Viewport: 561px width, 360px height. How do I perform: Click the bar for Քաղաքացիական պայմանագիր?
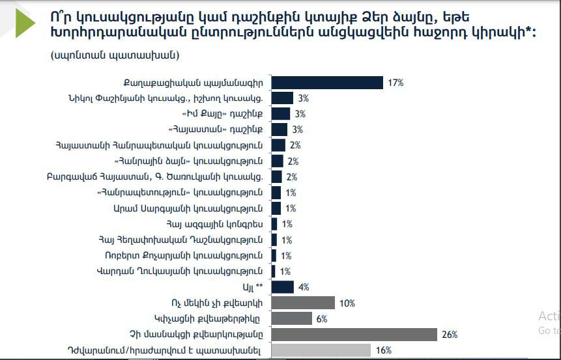coord(326,83)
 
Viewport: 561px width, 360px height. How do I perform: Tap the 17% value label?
coord(395,83)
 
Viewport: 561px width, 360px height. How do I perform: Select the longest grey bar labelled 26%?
coord(354,335)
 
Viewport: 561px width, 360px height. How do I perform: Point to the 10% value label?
coord(347,303)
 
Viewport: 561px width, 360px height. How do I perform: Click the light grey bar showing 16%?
coord(321,350)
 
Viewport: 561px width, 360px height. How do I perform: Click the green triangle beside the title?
coord(25,25)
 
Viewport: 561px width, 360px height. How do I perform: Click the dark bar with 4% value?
coord(282,287)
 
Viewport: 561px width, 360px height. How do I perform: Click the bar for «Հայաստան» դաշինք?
coord(279,130)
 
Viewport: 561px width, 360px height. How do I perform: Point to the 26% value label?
coord(450,335)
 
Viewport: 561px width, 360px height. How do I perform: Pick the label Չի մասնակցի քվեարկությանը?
coord(207,335)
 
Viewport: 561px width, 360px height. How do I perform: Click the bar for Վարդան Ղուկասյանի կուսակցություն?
coord(272,271)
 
